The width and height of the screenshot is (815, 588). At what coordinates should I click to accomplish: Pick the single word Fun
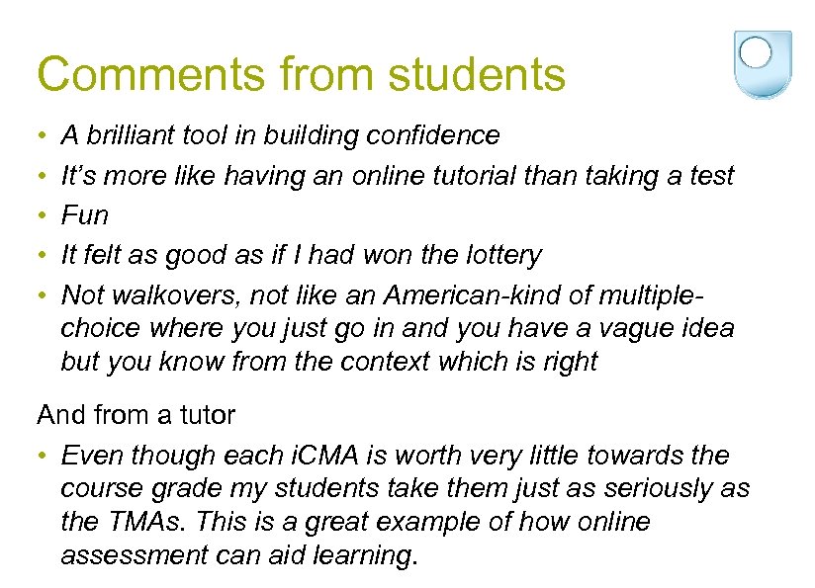[x=85, y=215]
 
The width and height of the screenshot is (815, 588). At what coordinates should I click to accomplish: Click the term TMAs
[x=150, y=522]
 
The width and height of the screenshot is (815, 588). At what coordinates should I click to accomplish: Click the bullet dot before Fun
[x=45, y=215]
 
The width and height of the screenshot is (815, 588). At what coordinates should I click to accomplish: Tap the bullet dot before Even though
[x=45, y=456]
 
